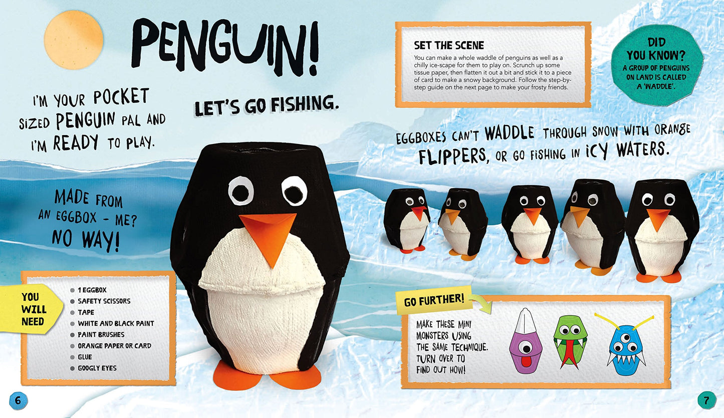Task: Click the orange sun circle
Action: [x=73, y=40]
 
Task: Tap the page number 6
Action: [x=18, y=400]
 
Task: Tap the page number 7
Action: [x=706, y=400]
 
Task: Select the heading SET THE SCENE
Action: [x=449, y=45]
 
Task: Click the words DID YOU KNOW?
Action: [x=656, y=49]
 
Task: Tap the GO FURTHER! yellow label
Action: [x=434, y=301]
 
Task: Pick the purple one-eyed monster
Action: [x=525, y=341]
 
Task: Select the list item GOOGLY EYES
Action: [x=97, y=368]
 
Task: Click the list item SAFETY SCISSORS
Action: [x=104, y=301]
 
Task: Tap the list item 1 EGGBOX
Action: [x=92, y=290]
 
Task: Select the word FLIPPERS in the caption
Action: [x=452, y=156]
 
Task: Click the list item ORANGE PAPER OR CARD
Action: [x=114, y=346]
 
